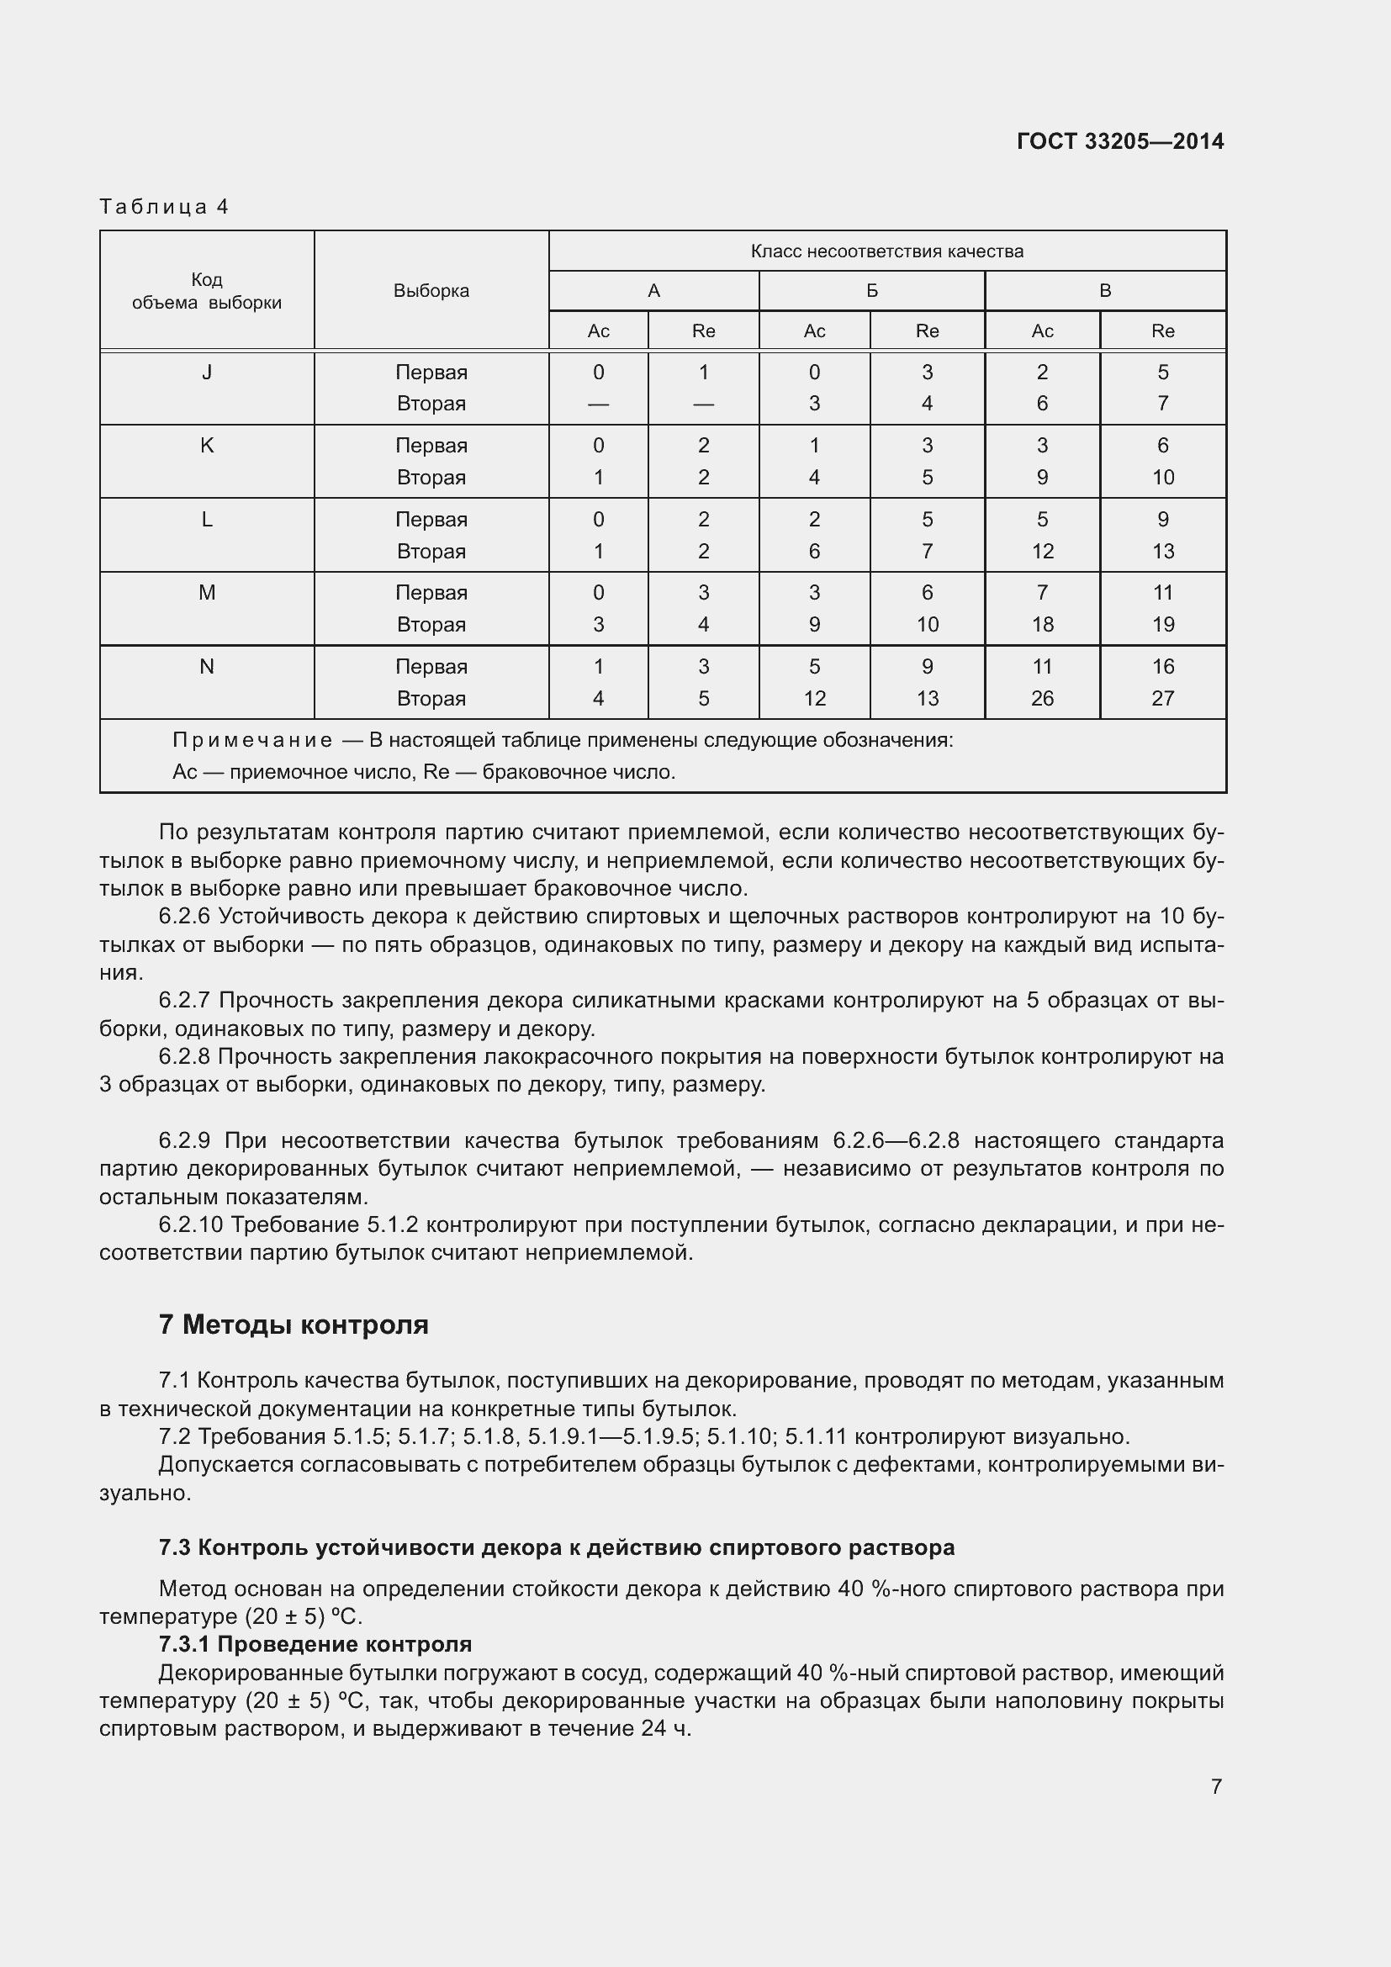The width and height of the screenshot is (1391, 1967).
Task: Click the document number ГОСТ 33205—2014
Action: pyautogui.click(x=1119, y=141)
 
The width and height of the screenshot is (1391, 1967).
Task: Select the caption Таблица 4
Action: pyautogui.click(x=164, y=207)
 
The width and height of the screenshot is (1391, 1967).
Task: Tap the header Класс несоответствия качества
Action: pyautogui.click(x=886, y=251)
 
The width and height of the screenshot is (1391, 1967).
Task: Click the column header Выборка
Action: pyautogui.click(x=431, y=290)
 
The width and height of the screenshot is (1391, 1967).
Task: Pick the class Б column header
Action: pyautogui.click(x=871, y=290)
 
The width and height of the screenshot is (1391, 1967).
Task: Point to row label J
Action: pyautogui.click(x=206, y=372)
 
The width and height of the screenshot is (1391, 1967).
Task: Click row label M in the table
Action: pyautogui.click(x=206, y=592)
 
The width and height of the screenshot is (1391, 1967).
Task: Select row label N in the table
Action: pyautogui.click(x=206, y=666)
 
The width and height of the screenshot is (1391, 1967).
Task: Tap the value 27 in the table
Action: pyautogui.click(x=1162, y=698)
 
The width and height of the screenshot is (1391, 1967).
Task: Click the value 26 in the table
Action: pyautogui.click(x=1041, y=698)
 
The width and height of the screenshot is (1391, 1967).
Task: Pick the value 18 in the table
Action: pyautogui.click(x=1041, y=625)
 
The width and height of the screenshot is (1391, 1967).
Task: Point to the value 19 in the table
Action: pyautogui.click(x=1162, y=625)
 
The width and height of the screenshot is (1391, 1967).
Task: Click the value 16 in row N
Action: pyautogui.click(x=1162, y=666)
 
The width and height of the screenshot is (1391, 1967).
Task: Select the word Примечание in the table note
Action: pyautogui.click(x=251, y=740)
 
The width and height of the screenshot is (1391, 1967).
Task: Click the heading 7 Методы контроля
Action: pyautogui.click(x=293, y=1325)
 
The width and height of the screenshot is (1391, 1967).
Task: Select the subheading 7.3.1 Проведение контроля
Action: pyautogui.click(x=315, y=1643)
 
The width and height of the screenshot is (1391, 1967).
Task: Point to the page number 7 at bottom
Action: pyautogui.click(x=1215, y=1785)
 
